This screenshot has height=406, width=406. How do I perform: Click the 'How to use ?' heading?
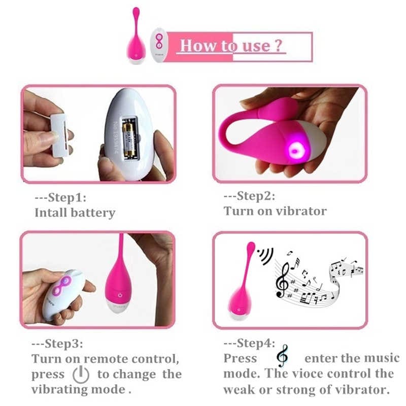(x=230, y=46)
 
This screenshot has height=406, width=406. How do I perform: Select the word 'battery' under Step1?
(x=93, y=213)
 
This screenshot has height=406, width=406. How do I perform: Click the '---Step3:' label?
(x=57, y=344)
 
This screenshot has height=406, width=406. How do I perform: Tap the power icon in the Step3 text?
(x=81, y=375)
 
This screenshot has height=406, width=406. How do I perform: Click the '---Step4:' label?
(x=250, y=343)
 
